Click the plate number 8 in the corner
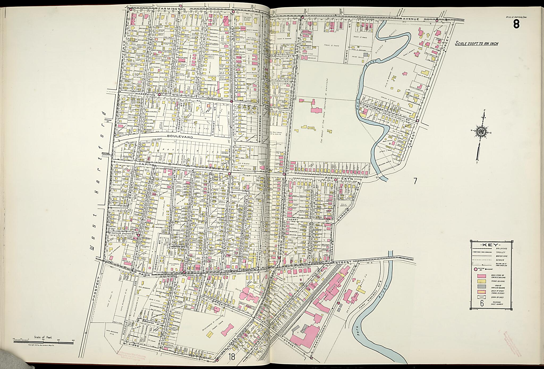tap(516, 24)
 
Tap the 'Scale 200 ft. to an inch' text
tap(476, 43)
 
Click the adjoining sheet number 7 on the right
tap(415, 181)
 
